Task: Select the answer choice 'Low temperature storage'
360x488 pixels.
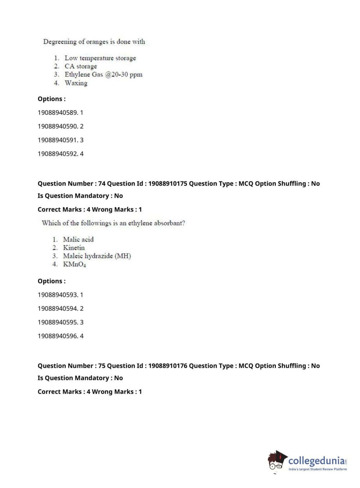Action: [100, 58]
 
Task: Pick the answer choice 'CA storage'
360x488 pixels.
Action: [81, 66]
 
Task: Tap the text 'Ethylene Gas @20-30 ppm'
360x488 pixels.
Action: [103, 74]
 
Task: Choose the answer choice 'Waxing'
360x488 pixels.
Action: [76, 83]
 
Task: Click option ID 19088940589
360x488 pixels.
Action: [58, 113]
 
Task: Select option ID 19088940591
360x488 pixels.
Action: [58, 140]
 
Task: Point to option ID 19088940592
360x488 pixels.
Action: [58, 154]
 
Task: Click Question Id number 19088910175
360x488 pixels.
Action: [168, 184]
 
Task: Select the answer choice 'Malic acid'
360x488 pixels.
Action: [78, 239]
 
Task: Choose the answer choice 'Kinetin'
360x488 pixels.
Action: [74, 248]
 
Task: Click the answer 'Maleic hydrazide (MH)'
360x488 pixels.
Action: [97, 256]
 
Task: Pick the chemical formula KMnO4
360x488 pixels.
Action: [74, 264]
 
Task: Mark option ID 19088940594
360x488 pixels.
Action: [58, 308]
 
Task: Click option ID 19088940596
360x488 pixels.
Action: [58, 336]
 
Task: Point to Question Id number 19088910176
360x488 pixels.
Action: [168, 366]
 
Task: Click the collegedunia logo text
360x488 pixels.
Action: [316, 461]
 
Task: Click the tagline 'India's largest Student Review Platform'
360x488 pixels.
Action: [318, 469]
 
